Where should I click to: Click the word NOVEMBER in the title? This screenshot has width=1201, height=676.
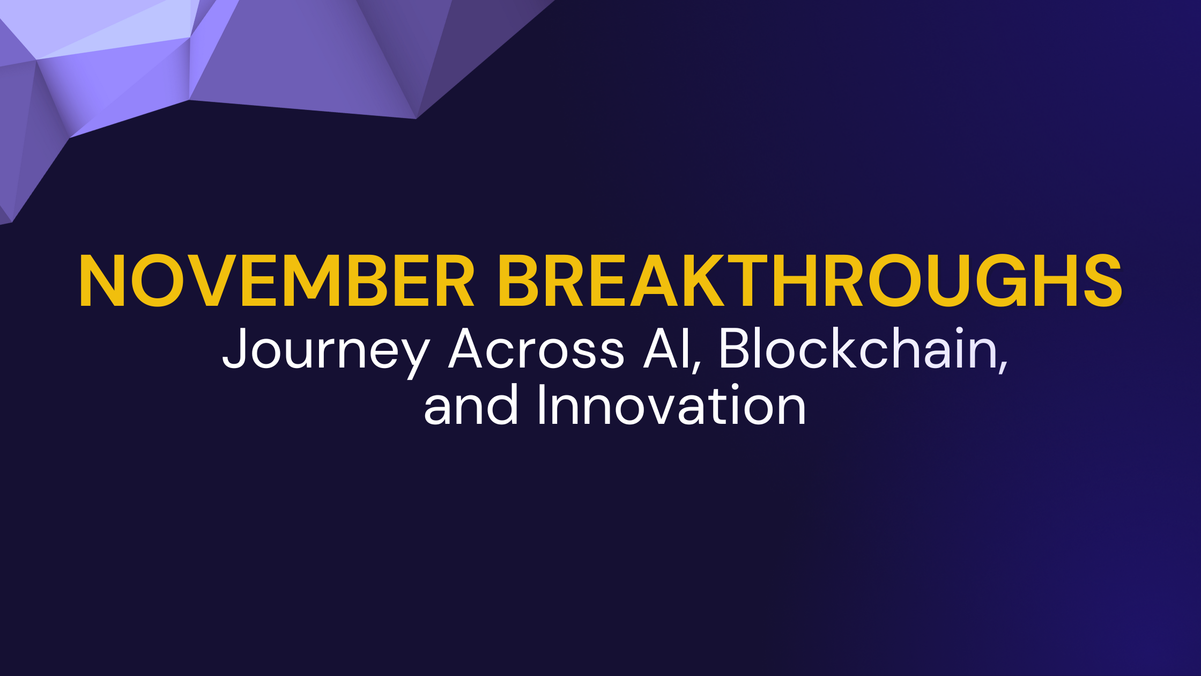(x=276, y=281)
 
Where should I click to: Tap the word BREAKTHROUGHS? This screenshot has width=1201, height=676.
(x=810, y=281)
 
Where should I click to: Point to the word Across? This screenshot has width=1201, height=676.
(x=536, y=349)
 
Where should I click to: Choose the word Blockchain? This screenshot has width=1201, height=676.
(x=858, y=349)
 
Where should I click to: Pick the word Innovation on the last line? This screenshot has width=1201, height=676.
(x=671, y=406)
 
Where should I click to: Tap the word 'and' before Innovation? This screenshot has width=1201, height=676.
(x=471, y=406)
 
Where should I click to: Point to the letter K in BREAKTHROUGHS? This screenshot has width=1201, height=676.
(x=697, y=281)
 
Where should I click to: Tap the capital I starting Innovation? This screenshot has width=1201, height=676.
(x=542, y=406)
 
